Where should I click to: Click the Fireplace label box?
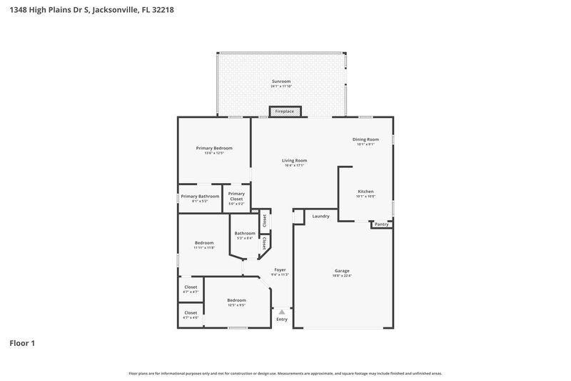point(285,112)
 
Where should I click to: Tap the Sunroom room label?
point(281,81)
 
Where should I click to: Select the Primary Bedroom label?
point(214,148)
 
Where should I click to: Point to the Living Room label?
point(294,160)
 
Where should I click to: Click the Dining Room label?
point(365,139)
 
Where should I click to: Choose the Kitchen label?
point(365,192)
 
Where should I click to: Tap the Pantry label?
point(382,224)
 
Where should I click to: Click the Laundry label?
point(320,216)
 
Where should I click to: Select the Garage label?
point(343,271)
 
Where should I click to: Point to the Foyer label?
point(280,269)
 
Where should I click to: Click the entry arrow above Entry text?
point(282,312)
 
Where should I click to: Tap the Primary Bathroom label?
point(200,197)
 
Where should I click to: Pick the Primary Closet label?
point(236,196)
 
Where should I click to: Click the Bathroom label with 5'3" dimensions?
point(245,233)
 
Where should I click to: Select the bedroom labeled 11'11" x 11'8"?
point(204,243)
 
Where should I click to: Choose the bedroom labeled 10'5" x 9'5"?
point(236,300)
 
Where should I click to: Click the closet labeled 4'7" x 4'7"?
point(191,287)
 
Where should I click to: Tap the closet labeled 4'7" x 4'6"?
point(191,312)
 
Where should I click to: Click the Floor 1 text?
point(22,343)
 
